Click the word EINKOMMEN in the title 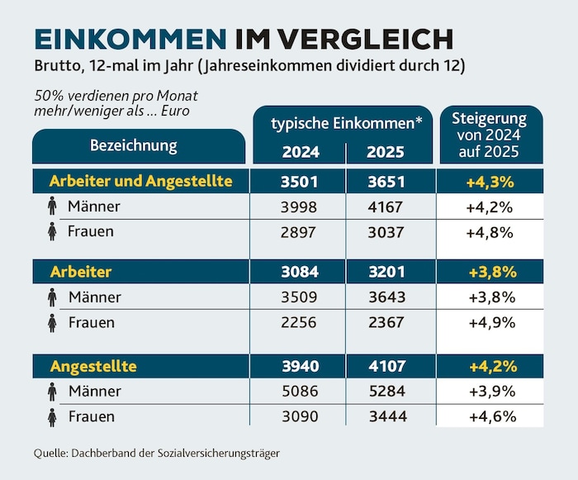[130, 39]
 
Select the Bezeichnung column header [134, 145]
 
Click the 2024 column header [301, 152]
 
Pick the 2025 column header [386, 152]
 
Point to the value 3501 [299, 182]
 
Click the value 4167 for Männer [386, 207]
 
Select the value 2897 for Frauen [298, 232]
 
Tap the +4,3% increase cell [490, 182]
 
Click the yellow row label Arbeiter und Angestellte [141, 181]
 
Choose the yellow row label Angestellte [93, 366]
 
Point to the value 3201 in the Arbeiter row [386, 272]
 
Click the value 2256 [299, 322]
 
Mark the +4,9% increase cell [492, 323]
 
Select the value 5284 [387, 391]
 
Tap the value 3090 [300, 416]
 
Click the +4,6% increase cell [492, 417]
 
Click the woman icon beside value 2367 [52, 323]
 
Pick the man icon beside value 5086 [52, 392]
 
